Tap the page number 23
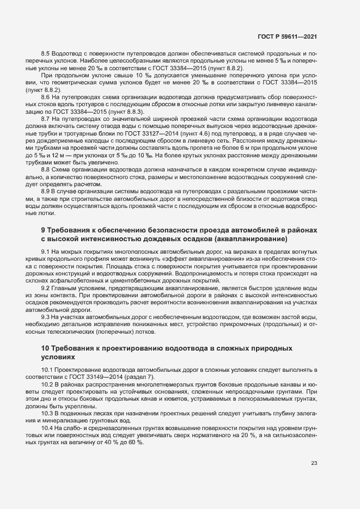(x=314, y=463)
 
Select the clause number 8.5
(x=46, y=54)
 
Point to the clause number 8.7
(x=46, y=118)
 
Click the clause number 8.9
(x=46, y=192)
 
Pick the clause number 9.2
(x=46, y=287)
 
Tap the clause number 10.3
(x=48, y=414)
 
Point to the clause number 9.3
(x=46, y=316)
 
